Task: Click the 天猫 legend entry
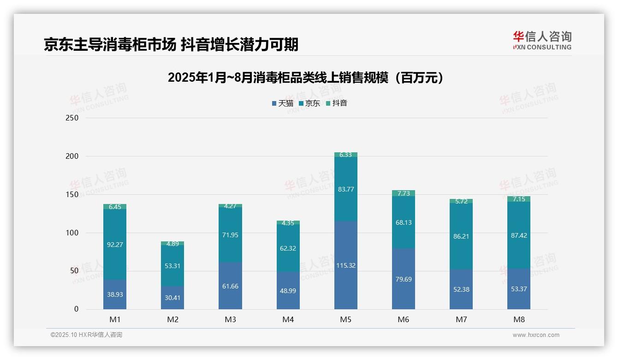tap(283, 103)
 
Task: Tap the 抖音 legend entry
tap(337, 103)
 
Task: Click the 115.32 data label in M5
tap(346, 265)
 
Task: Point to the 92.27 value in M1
tap(115, 245)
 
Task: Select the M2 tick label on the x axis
tap(172, 319)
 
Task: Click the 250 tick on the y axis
tap(72, 118)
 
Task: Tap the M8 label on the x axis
tap(519, 319)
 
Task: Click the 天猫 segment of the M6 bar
tap(404, 279)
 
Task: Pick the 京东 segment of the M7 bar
tap(461, 236)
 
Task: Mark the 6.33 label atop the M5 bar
tap(346, 155)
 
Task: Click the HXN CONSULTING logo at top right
tap(542, 40)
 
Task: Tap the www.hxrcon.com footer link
tap(536, 335)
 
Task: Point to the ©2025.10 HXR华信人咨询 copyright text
tap(86, 335)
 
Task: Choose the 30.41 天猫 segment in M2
tap(172, 298)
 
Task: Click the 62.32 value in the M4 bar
tap(288, 248)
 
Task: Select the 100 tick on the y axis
tap(72, 233)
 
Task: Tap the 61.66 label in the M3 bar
tap(230, 286)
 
